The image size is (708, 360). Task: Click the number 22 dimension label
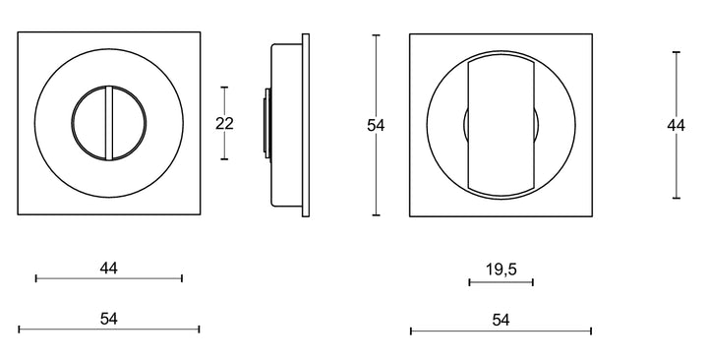tap(224, 123)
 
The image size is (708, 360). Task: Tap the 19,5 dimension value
tap(501, 268)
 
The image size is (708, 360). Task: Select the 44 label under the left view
tap(109, 268)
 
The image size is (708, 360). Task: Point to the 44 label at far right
tap(676, 125)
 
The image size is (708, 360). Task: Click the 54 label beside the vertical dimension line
tap(375, 125)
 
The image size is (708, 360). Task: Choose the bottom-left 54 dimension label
tap(109, 319)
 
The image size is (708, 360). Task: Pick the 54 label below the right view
tap(501, 320)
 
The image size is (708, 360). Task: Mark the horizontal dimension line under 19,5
tap(501, 282)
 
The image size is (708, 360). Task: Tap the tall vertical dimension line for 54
tap(376, 177)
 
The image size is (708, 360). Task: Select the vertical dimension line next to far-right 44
tap(676, 167)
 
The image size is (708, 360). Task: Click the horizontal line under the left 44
tap(109, 278)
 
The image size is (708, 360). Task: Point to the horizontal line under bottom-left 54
tap(109, 330)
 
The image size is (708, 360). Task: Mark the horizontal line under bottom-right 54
tap(501, 330)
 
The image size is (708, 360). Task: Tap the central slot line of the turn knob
tap(109, 124)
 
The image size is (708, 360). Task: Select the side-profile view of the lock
tap(290, 124)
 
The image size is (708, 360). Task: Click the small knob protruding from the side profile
tap(265, 124)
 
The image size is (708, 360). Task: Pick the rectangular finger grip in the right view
tap(501, 125)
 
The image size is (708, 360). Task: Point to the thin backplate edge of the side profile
tap(305, 124)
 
